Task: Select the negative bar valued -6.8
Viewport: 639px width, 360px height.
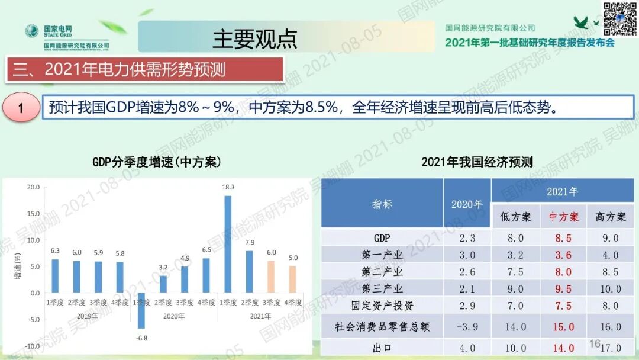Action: (141, 310)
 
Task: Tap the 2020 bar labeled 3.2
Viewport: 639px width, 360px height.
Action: (163, 284)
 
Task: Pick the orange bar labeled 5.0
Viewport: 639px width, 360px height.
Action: (293, 279)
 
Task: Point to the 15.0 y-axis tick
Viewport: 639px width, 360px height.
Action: (33, 214)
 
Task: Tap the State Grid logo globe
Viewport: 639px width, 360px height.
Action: (31, 31)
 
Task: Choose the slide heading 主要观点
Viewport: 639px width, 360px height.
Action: (255, 38)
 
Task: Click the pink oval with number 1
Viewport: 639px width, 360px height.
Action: (21, 108)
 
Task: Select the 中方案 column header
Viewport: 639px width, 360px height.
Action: (563, 217)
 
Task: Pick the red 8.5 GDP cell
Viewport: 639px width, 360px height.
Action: (563, 238)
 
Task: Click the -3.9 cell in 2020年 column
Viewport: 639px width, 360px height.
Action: (467, 327)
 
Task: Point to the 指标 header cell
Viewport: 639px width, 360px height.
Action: (382, 204)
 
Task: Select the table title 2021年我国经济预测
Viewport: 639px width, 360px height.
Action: (477, 162)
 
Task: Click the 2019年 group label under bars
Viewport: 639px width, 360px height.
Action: (86, 316)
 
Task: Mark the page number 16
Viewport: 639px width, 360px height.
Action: (594, 343)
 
